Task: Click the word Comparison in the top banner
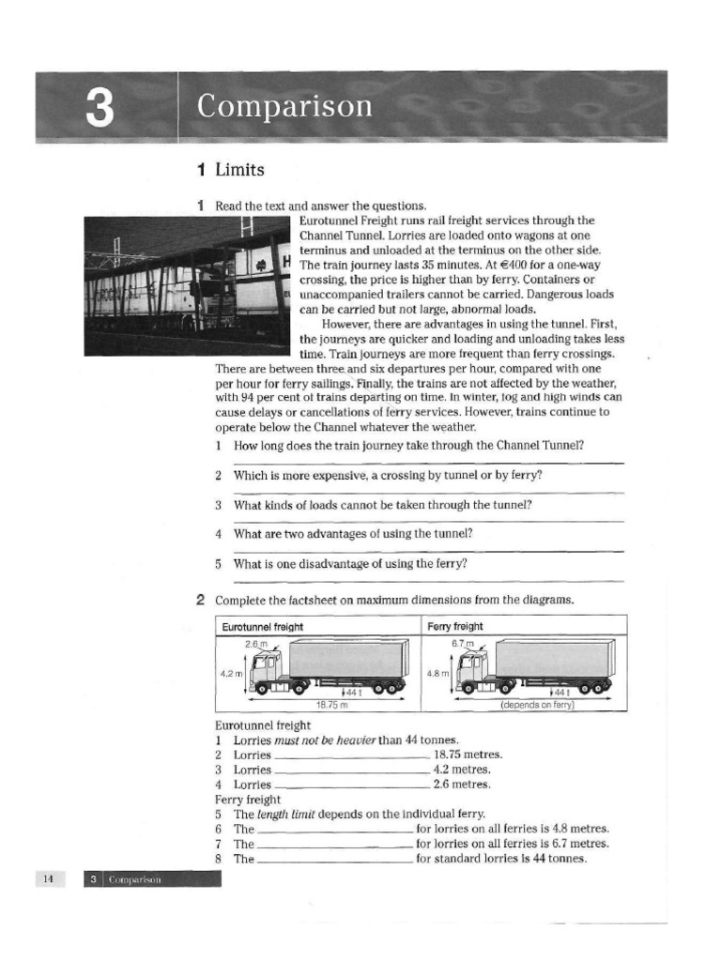[x=284, y=106]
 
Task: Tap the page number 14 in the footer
[x=48, y=878]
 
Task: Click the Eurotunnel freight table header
[x=262, y=626]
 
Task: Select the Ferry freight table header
[x=455, y=626]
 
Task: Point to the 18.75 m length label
[x=330, y=704]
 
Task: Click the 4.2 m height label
[x=231, y=673]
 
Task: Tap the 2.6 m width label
[x=255, y=644]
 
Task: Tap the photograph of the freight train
[x=187, y=284]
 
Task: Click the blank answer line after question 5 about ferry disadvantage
[x=428, y=582]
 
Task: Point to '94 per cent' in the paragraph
[x=268, y=396]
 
